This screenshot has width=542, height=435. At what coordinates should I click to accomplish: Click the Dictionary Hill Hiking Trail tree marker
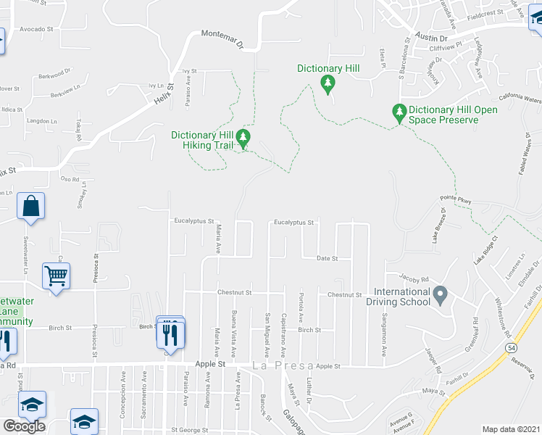(244, 137)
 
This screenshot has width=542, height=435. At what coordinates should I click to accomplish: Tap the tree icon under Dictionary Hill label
(328, 84)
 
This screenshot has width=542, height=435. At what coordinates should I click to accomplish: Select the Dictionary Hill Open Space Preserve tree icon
(398, 112)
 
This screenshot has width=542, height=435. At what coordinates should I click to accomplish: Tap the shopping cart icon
(56, 275)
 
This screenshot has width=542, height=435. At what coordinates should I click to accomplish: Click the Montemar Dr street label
(222, 39)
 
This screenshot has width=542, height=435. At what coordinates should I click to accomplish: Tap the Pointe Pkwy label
(456, 200)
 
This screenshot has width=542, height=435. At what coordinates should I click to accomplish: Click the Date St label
(328, 258)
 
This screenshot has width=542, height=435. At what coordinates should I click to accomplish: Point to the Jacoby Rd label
(414, 278)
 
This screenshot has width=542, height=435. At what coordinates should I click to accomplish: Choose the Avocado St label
(37, 29)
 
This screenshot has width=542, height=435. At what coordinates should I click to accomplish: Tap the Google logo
(24, 426)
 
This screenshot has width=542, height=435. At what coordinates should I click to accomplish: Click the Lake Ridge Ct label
(486, 250)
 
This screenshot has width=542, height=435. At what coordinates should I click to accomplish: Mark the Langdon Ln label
(41, 121)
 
